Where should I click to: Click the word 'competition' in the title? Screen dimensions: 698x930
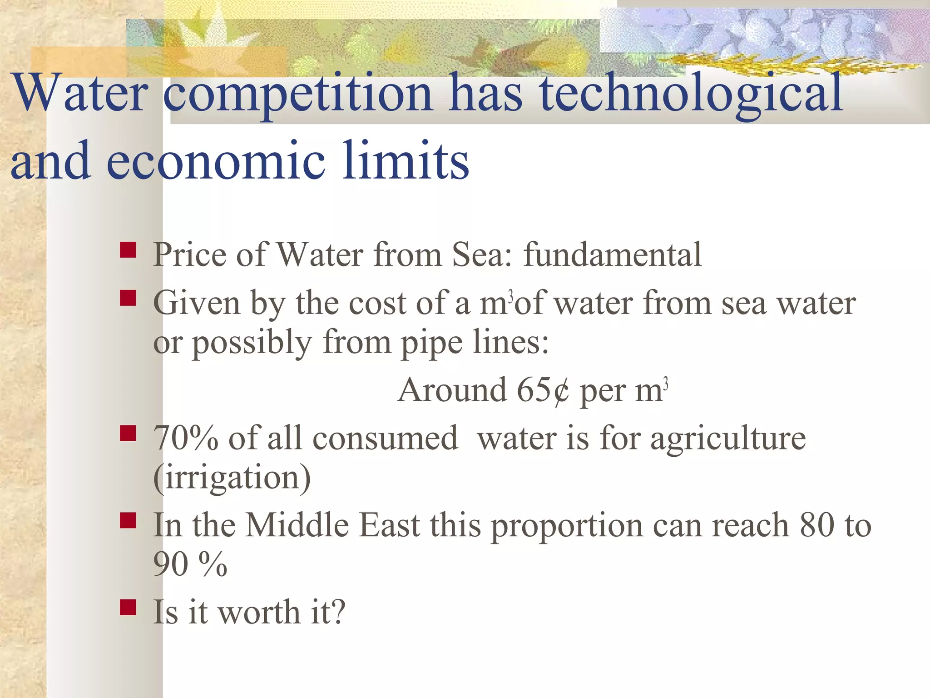(297, 94)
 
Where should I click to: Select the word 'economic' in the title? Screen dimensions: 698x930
(216, 161)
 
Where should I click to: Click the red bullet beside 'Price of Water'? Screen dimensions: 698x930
(128, 250)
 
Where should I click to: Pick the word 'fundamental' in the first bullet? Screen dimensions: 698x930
(612, 254)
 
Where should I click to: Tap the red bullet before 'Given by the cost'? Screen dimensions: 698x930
(128, 299)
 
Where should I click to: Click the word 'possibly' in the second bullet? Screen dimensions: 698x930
(252, 343)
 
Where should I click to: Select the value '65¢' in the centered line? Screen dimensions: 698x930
(543, 390)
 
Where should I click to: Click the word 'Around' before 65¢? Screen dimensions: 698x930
(452, 390)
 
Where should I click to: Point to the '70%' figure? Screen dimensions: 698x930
(186, 439)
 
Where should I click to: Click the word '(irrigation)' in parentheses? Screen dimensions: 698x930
(232, 478)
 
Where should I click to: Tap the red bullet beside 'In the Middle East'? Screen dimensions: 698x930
(128, 521)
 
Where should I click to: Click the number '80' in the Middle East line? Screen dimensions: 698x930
(817, 525)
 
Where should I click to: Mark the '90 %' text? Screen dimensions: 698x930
(190, 564)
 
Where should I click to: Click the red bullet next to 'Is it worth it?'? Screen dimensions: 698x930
(128, 608)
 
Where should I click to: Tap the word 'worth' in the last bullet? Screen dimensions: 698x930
(259, 613)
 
